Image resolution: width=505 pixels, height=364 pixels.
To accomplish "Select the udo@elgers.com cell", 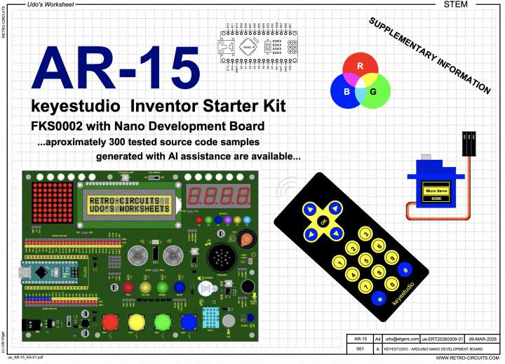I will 400,339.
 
